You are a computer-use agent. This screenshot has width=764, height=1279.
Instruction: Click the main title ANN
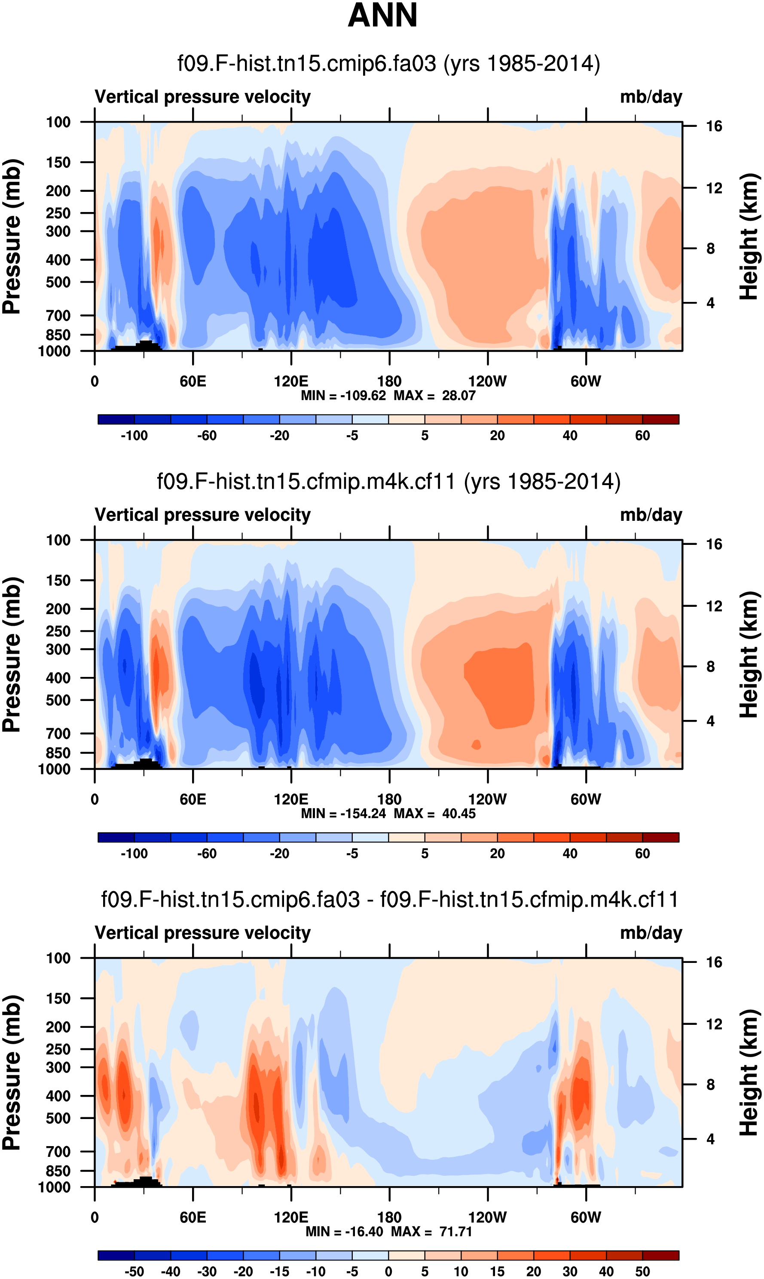pos(382,15)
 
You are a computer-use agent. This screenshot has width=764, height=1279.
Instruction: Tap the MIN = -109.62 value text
pos(343,396)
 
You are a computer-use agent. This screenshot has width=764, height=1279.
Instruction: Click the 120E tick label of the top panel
pos(291,382)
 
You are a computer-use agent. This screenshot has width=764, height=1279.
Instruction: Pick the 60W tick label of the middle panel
pos(585,799)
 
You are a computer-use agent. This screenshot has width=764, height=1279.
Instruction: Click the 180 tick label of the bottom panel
pos(389,1217)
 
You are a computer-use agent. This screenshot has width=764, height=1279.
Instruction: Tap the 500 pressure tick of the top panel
pos(58,282)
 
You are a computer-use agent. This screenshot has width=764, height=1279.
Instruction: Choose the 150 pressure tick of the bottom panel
pos(58,998)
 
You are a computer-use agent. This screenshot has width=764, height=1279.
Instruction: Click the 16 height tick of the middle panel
pos(714,544)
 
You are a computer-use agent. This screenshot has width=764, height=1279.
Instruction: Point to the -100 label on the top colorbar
pos(134,436)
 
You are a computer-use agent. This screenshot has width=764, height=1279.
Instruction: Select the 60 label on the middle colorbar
pos(642,854)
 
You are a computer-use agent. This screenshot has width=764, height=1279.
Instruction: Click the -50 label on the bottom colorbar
pos(134,1271)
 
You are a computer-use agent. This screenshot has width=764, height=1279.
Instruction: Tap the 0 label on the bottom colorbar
pos(389,1271)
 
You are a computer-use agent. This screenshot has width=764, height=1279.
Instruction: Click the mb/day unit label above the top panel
pos(651,97)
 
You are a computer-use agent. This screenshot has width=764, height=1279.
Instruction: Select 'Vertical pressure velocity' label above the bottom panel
pos(202,933)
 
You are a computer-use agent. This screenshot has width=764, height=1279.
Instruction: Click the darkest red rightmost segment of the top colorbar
pos(660,419)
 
